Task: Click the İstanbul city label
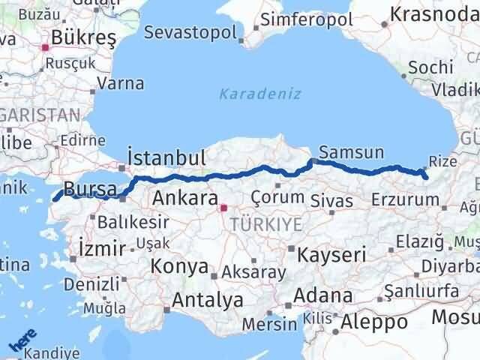166,158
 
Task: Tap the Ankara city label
184,199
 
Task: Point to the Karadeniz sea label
259,94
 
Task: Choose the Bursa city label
89,188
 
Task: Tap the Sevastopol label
190,33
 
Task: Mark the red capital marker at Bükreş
45,46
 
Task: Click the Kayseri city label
331,253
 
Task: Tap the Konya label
179,265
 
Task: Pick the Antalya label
208,300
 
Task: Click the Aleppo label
373,322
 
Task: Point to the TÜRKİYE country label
266,223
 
